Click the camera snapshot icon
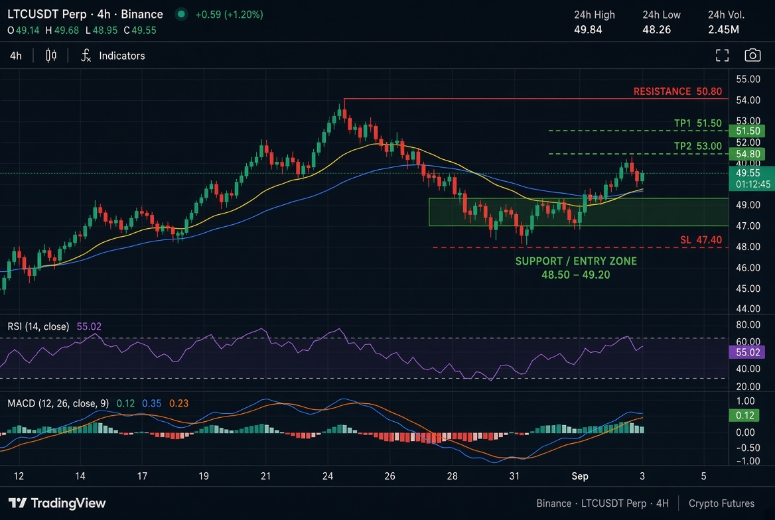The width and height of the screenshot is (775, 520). coord(752,55)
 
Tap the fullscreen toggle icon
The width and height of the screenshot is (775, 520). coord(722,55)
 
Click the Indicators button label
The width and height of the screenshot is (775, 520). coord(122,56)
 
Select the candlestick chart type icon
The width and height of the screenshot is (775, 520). coord(51,55)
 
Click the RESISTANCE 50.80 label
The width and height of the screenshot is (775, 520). coord(677,92)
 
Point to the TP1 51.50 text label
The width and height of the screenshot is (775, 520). coord(698,123)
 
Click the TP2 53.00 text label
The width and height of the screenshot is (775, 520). coord(698,146)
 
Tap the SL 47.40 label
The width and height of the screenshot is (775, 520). coord(701,239)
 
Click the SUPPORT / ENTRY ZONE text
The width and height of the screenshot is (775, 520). coord(576,261)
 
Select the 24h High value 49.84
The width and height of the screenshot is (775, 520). coord(588,30)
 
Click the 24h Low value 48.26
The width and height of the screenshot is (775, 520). coord(656,30)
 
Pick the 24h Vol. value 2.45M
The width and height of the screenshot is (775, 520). coord(724,30)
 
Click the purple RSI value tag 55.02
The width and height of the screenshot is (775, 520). coord(747,352)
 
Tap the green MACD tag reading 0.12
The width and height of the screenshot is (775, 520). coord(744,415)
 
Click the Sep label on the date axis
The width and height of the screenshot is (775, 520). coord(580,476)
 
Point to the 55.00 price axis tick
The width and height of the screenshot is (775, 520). coord(748,79)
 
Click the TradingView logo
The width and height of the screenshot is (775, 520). coord(57,503)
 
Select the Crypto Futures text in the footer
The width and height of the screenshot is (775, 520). coord(722,503)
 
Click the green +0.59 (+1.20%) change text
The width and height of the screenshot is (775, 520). coord(230,15)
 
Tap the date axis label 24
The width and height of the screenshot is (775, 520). coord(327,476)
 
